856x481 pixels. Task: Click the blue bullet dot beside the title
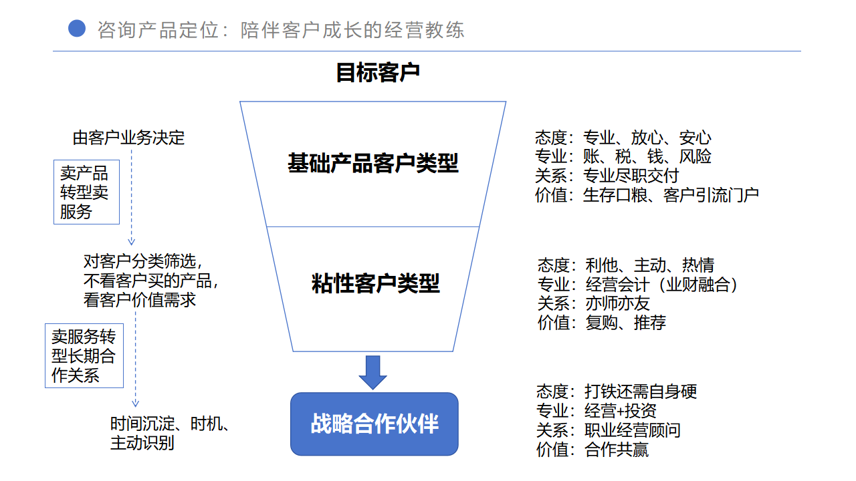click(x=77, y=29)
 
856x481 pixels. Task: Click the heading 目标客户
click(x=378, y=73)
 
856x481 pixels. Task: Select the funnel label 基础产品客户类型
click(x=373, y=163)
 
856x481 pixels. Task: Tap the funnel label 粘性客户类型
click(x=376, y=283)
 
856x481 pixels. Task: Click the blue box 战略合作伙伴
click(x=374, y=424)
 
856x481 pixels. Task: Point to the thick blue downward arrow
click(x=372, y=372)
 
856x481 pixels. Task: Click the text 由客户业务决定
click(x=128, y=138)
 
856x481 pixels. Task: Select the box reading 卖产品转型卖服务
click(x=86, y=192)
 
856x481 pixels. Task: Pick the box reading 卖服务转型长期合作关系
click(x=84, y=356)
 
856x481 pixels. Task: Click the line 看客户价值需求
click(x=140, y=300)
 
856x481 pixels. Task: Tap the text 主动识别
click(x=142, y=443)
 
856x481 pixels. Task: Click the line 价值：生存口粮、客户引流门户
click(x=647, y=195)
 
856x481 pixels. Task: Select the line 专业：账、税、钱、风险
click(x=623, y=156)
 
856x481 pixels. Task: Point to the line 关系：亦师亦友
click(x=593, y=303)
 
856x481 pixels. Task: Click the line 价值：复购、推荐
click(x=601, y=323)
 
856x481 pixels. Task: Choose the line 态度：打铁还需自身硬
click(x=617, y=391)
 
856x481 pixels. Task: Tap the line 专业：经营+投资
click(x=596, y=411)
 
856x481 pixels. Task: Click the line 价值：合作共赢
click(x=593, y=450)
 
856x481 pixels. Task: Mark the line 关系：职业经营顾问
click(x=609, y=430)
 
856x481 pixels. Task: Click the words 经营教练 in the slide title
click(x=424, y=30)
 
